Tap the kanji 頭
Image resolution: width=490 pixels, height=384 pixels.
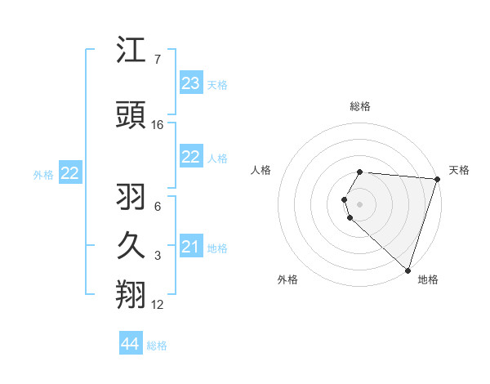tap(131, 115)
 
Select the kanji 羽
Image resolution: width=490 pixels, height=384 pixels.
tap(131, 197)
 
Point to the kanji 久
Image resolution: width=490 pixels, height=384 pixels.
tap(131, 246)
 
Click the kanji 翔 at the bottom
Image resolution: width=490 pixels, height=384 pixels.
tap(131, 295)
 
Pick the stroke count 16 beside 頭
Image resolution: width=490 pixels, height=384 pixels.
tap(158, 125)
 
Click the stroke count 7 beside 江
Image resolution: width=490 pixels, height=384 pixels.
tap(158, 60)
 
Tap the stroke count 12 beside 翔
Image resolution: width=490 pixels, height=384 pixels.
tap(158, 305)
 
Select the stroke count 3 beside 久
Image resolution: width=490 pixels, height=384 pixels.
tap(158, 256)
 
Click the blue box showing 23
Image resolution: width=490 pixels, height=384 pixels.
tap(191, 83)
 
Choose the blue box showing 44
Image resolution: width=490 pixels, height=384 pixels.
tap(131, 345)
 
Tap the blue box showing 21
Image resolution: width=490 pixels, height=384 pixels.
tap(191, 247)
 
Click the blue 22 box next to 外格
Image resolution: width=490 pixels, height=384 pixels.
tap(70, 173)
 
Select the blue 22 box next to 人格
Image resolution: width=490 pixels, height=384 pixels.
tap(191, 157)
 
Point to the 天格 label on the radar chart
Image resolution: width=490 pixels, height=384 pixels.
tap(459, 170)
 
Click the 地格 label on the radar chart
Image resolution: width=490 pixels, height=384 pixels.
tap(428, 279)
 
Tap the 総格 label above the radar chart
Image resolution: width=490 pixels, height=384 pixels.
tap(360, 106)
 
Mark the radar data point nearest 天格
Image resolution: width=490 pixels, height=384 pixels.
tap(437, 179)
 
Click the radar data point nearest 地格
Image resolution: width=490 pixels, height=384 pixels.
tap(408, 270)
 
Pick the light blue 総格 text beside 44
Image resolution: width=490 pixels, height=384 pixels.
tap(157, 346)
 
